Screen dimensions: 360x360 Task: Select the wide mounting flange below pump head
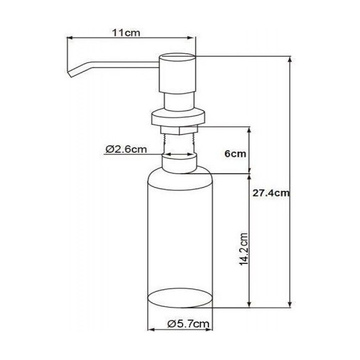pyautogui.click(x=178, y=116)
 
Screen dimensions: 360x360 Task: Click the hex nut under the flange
pyautogui.click(x=178, y=129)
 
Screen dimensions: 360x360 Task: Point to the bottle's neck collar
pyautogui.click(x=178, y=163)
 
